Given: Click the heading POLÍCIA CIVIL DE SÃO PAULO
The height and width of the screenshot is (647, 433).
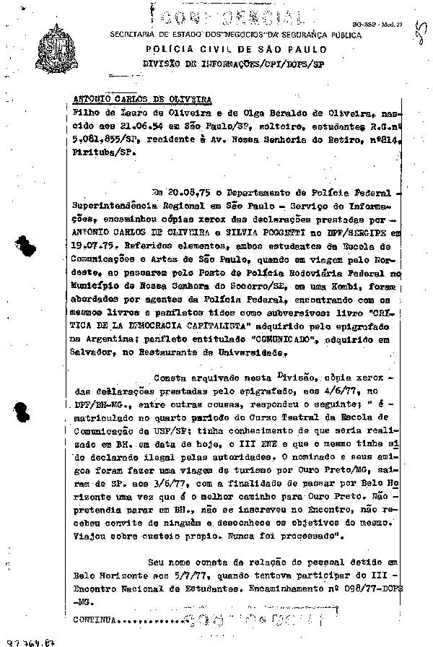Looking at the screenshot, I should [x=235, y=50].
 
